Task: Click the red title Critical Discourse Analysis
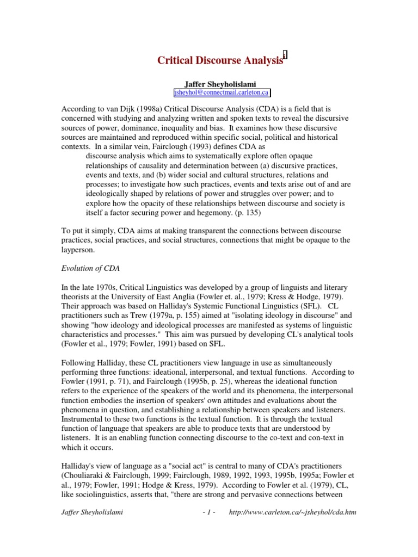[220, 60]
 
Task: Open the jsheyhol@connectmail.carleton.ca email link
[221, 94]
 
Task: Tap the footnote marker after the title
[285, 55]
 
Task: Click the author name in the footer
[92, 513]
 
